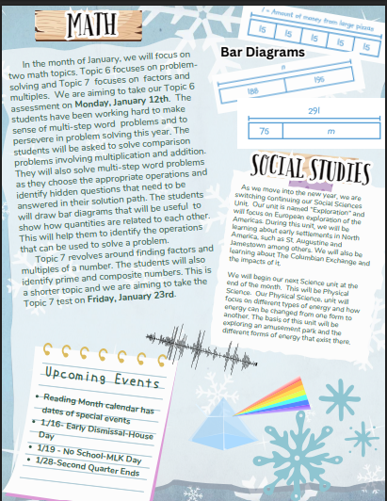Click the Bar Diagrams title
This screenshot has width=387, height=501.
click(262, 54)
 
